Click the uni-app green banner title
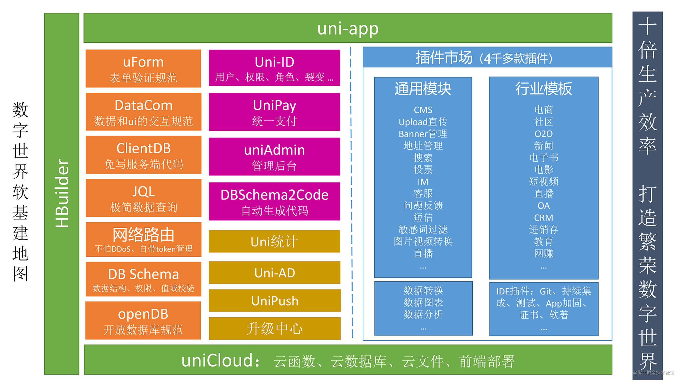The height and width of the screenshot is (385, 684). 348,28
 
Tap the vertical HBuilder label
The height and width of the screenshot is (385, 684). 62,193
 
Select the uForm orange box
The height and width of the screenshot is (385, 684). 143,68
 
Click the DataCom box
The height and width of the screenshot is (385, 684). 143,112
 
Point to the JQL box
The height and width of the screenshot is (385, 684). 143,198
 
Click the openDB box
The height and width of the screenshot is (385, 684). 143,320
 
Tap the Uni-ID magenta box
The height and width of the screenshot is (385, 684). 274,68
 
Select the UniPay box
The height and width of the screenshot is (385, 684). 274,112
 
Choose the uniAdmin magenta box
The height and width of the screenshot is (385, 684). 274,157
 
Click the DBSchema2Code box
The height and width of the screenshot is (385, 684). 274,201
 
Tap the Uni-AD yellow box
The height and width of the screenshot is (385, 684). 274,273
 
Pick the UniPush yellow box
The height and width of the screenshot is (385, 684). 274,301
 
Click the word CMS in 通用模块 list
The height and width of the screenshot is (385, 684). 423,110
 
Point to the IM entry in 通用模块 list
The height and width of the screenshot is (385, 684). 423,182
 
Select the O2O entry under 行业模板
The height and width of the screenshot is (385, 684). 543,134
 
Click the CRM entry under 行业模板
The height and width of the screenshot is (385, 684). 543,218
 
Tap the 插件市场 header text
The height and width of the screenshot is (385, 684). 444,57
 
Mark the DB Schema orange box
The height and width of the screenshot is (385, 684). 143,279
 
